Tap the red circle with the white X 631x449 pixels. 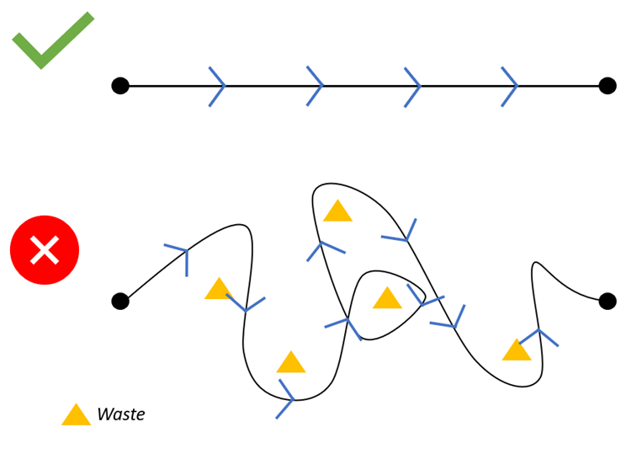tap(45, 250)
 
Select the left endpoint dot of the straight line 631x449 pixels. tap(120, 86)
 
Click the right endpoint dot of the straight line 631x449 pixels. tap(607, 86)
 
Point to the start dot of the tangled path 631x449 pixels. tap(120, 301)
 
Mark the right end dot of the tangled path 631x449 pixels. tap(607, 301)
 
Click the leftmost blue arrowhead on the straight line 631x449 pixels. tap(219, 86)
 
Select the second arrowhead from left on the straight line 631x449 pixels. tap(316, 86)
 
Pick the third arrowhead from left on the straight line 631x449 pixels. tap(414, 86)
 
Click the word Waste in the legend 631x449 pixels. tap(120, 414)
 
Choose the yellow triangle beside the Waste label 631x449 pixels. tap(76, 415)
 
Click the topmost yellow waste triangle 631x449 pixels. tap(337, 212)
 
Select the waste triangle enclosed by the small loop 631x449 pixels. tap(387, 299)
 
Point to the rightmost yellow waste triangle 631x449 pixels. tap(517, 351)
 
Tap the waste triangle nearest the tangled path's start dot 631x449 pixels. tap(219, 290)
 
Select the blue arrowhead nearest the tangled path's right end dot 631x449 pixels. tap(540, 335)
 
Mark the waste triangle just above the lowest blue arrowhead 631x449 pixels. tap(291, 363)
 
